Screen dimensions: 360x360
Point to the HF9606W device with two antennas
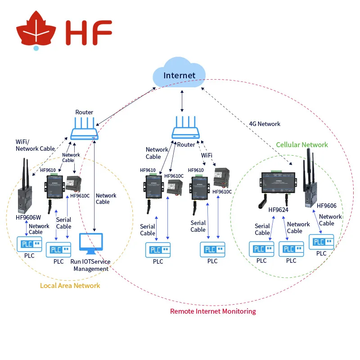[25, 189]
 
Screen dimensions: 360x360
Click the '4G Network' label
[265, 124]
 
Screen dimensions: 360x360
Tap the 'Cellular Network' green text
[302, 145]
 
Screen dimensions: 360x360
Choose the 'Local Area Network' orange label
[70, 285]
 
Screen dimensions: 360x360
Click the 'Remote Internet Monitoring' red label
[213, 311]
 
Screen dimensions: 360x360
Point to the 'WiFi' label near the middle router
[207, 155]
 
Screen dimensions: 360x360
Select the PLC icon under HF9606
[321, 242]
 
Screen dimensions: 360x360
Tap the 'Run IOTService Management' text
[90, 265]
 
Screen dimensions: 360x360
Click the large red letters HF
[88, 32]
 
